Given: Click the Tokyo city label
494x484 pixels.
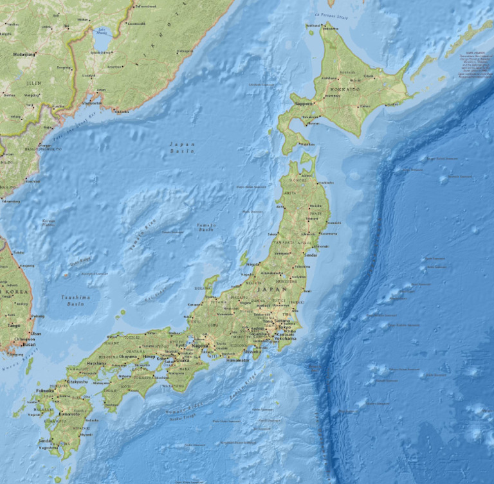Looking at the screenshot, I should click(286, 327).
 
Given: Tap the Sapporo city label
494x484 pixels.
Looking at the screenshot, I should click(303, 103).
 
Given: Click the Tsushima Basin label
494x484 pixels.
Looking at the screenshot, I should click(75, 300).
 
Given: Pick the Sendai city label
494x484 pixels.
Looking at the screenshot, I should click(311, 255).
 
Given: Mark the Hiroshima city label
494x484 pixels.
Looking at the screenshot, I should click(96, 363).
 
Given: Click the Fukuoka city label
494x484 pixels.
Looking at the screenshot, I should click(46, 390).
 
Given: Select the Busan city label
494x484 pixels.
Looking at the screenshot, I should click(30, 345).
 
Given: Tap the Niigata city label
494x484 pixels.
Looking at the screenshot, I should click(253, 264).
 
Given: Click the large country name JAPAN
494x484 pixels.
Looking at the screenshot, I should click(267, 290).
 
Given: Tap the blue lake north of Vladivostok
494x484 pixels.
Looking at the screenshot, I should click(104, 37).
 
